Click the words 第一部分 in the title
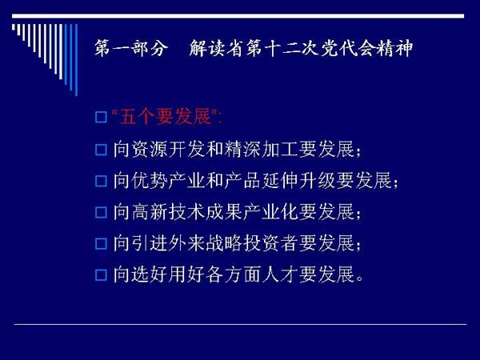131,48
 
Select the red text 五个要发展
166,117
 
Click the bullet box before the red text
101,118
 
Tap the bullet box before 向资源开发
101,150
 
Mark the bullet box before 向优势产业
101,182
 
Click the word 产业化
270,212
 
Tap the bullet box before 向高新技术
101,213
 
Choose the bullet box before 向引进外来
101,244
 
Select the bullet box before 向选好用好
101,275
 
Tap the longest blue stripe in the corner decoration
76,60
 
